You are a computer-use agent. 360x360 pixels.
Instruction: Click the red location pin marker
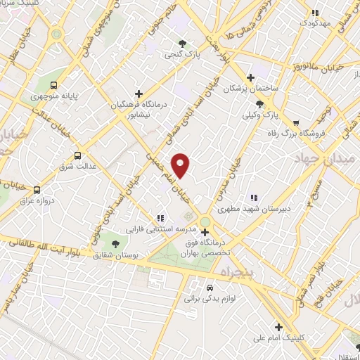[x=181, y=165]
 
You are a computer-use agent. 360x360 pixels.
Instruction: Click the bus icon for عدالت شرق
[x=77, y=155]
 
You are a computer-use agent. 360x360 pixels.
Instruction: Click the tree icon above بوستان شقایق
[x=115, y=243]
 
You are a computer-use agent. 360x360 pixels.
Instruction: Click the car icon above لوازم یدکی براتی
[x=209, y=288]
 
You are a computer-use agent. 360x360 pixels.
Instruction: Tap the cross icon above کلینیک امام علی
[x=279, y=327]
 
